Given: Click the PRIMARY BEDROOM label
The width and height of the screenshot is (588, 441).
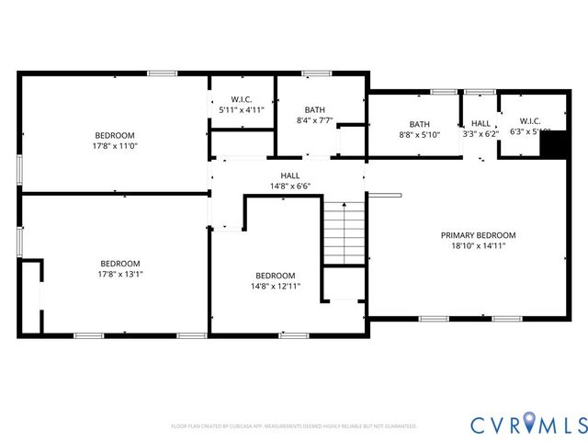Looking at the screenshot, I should (x=478, y=235).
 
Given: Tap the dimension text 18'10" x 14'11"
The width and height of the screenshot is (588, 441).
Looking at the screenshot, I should (x=478, y=246).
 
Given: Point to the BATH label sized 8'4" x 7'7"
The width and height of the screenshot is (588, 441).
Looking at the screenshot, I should (x=314, y=109).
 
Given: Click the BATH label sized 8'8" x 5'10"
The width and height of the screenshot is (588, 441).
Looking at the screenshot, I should (x=420, y=124).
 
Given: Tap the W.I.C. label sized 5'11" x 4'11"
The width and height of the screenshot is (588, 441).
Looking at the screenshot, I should (x=242, y=99).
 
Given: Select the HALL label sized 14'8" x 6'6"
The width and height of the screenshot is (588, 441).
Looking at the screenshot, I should (x=289, y=175).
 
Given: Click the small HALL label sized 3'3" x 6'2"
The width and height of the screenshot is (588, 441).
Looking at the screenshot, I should (x=481, y=124).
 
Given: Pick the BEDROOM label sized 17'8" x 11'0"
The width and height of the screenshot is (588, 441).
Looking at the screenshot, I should (x=115, y=135).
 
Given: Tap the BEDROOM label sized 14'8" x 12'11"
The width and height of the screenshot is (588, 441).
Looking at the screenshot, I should (x=276, y=276).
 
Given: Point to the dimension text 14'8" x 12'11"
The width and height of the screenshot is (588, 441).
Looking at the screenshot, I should (x=276, y=287).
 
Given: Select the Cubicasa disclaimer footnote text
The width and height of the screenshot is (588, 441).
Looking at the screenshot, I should (x=294, y=426).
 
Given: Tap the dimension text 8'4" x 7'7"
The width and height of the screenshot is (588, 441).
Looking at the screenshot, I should (x=314, y=120).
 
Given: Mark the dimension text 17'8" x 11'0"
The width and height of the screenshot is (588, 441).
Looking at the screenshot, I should (x=115, y=146).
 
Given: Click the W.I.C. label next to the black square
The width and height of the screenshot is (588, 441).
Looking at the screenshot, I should (x=530, y=120).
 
